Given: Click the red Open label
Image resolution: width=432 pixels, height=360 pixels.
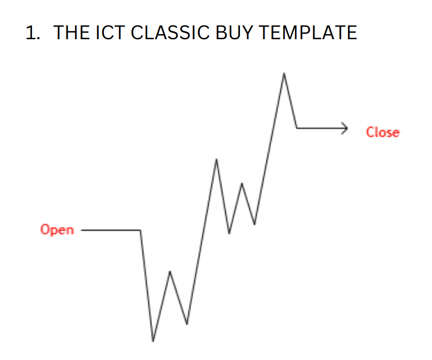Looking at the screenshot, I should pyautogui.click(x=57, y=230).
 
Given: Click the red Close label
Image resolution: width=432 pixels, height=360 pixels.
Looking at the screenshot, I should pyautogui.click(x=383, y=132).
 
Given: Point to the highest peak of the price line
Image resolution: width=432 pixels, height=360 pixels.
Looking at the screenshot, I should pyautogui.click(x=284, y=73).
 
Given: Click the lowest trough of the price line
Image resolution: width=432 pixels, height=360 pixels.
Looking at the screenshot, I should pyautogui.click(x=152, y=341).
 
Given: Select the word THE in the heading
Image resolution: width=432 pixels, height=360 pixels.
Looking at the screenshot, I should pyautogui.click(x=70, y=33).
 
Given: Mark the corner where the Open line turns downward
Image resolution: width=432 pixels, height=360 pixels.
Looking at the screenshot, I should pyautogui.click(x=141, y=230).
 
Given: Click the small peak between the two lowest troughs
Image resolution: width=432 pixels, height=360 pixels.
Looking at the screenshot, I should pyautogui.click(x=170, y=271).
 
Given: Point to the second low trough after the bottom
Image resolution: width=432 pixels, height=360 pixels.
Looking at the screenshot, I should pyautogui.click(x=187, y=324).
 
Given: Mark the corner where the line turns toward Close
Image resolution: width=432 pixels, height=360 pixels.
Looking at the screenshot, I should pyautogui.click(x=297, y=128).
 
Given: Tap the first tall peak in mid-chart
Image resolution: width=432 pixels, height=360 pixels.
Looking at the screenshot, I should pyautogui.click(x=217, y=159).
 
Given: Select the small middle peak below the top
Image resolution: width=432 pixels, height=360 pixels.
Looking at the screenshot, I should pyautogui.click(x=242, y=183).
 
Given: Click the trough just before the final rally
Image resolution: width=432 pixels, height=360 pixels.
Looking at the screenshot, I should pyautogui.click(x=255, y=224).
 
